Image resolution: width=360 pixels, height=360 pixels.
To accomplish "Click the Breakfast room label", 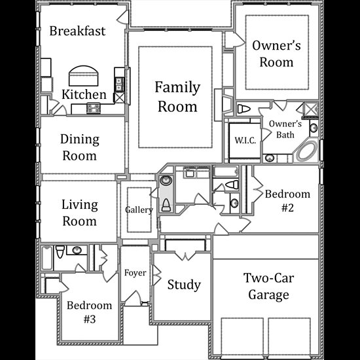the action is click(x=77, y=31).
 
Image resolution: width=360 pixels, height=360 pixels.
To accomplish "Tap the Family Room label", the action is click(x=177, y=97).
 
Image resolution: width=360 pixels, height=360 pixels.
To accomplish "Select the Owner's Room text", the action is click(x=276, y=54).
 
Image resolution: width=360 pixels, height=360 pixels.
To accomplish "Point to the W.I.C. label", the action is click(x=245, y=140).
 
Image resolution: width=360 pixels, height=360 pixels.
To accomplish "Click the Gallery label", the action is click(x=139, y=210).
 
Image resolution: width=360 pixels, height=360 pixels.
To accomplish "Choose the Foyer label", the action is click(x=135, y=273).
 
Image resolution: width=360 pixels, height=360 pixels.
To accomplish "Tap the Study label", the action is click(x=184, y=285).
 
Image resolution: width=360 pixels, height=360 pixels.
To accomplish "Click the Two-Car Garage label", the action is click(x=268, y=286).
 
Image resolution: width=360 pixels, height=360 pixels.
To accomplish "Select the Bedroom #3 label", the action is click(x=90, y=312).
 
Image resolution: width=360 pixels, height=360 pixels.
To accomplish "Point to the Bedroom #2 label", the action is click(x=287, y=201).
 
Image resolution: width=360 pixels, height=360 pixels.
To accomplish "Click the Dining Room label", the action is click(x=80, y=147).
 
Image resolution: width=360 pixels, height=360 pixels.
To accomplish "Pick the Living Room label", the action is click(x=80, y=213).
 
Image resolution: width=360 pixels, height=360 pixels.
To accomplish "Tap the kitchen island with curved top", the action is click(x=84, y=76).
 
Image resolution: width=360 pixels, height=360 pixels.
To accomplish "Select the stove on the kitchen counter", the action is click(x=94, y=109).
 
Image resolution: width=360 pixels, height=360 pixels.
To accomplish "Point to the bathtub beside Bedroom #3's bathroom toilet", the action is click(x=47, y=258).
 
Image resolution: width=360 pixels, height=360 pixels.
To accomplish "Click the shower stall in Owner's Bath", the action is click(x=311, y=110).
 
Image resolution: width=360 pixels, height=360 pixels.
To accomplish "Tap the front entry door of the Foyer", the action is click(x=133, y=298).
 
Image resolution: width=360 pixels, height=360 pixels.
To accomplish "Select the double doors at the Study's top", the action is click(x=185, y=255).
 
